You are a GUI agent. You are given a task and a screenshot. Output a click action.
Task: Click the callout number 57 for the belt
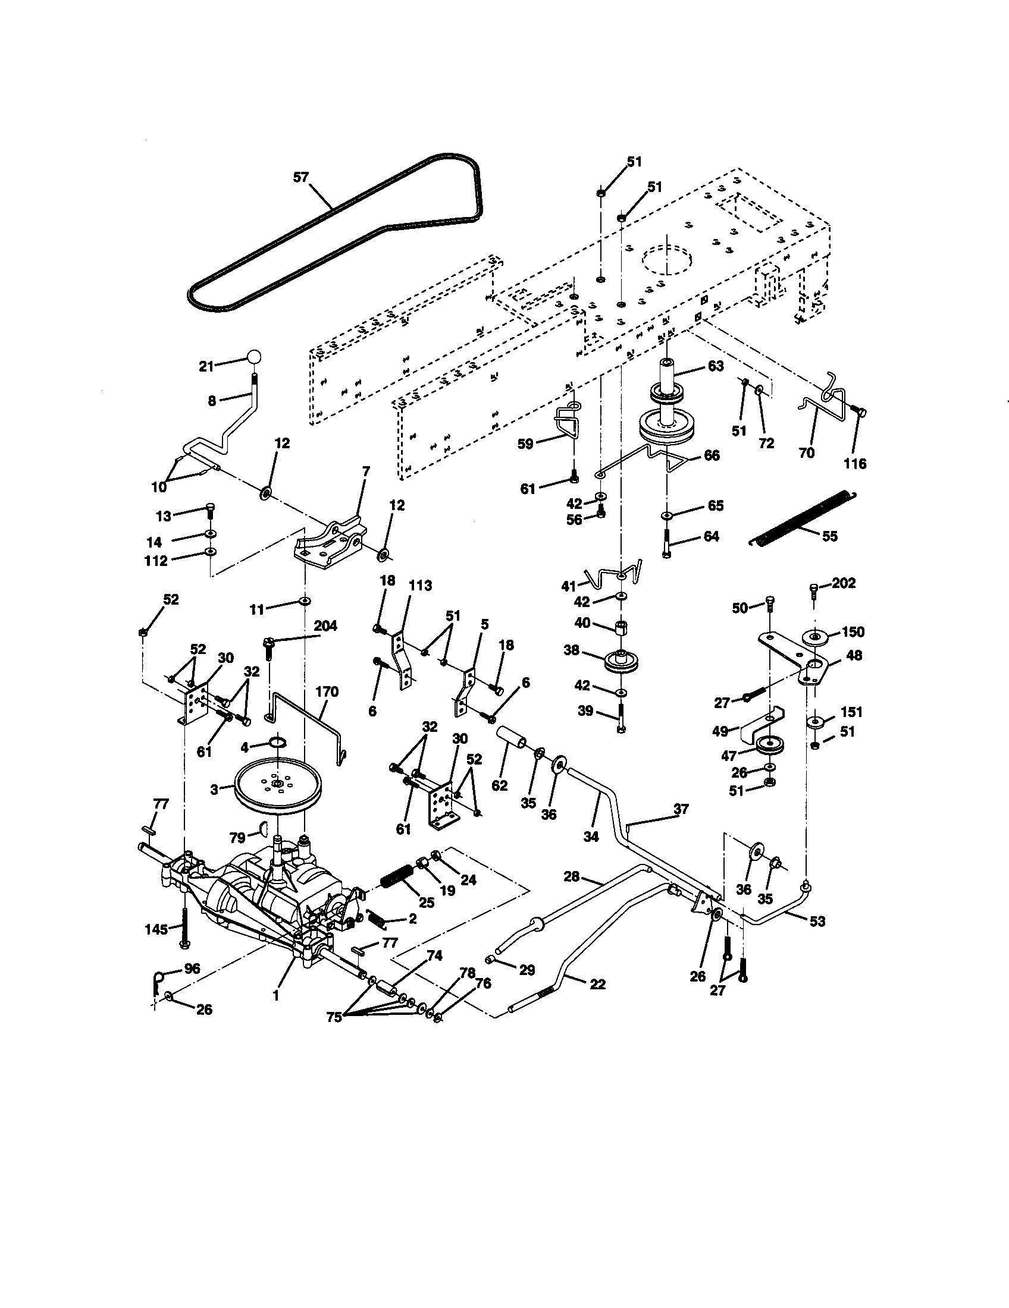301,177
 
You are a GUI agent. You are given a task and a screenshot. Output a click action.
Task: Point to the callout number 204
325,627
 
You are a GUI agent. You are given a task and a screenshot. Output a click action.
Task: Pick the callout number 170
327,692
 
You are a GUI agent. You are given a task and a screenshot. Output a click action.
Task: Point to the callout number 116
855,464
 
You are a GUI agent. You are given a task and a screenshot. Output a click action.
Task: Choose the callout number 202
844,583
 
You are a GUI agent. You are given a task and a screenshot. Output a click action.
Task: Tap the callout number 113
420,586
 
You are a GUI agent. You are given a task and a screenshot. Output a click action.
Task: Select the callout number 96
192,969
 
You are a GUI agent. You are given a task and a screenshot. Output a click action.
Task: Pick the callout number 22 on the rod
597,984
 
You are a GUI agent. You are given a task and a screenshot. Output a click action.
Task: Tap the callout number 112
155,561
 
